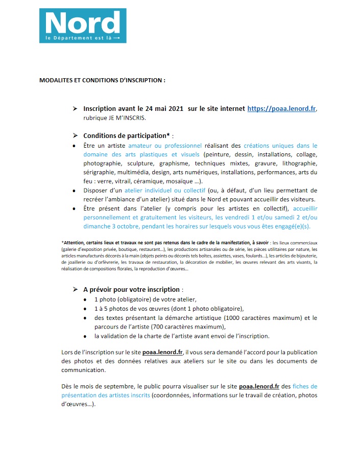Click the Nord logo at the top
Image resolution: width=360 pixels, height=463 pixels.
83,25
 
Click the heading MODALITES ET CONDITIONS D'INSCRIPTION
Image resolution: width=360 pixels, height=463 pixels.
103,80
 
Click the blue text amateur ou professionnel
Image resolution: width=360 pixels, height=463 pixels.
172,146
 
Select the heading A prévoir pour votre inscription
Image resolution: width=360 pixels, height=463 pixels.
131,289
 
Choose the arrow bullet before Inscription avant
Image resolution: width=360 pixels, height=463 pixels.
75,109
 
